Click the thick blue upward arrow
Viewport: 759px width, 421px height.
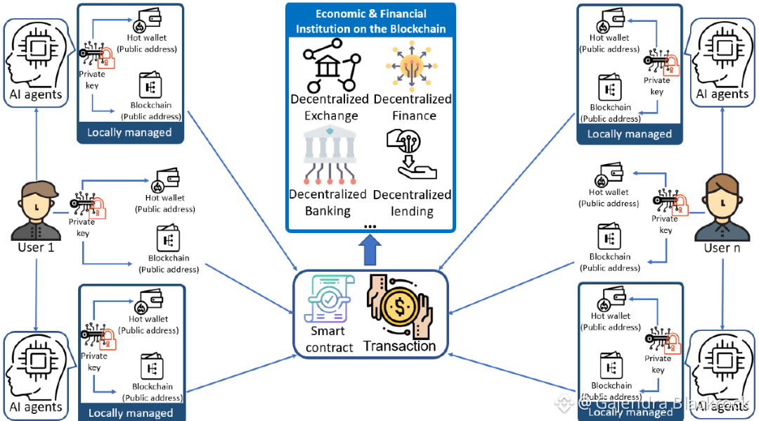(370, 249)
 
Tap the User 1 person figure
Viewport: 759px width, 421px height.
(34, 211)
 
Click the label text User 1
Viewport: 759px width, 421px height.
(35, 248)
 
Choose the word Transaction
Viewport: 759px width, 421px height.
(400, 346)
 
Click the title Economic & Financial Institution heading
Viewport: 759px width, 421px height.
(370, 22)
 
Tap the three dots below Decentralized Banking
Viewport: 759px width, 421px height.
(370, 226)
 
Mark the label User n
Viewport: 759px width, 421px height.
(722, 248)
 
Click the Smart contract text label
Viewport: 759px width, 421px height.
(329, 339)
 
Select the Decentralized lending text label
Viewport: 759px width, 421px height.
(413, 203)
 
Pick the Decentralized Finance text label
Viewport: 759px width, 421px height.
(413, 107)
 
